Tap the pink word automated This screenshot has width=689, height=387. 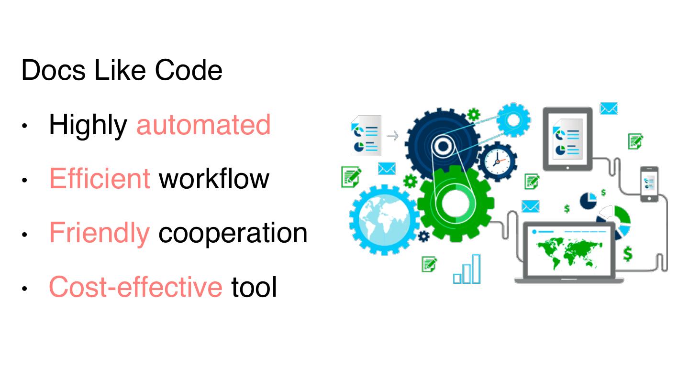(203, 125)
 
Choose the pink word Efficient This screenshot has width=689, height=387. (100, 179)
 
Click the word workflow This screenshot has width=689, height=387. (214, 179)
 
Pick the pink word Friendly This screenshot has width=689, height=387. (99, 234)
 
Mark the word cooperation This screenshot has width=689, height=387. (233, 234)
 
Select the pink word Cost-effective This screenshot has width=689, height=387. (135, 287)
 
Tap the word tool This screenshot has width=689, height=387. (254, 287)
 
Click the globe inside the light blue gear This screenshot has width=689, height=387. (383, 219)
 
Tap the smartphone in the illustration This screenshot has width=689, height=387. (649, 184)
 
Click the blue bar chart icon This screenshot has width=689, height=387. (467, 269)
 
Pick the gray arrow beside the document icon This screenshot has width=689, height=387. (392, 136)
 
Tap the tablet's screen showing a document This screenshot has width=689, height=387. (567, 139)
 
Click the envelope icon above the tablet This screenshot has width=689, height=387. (609, 108)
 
